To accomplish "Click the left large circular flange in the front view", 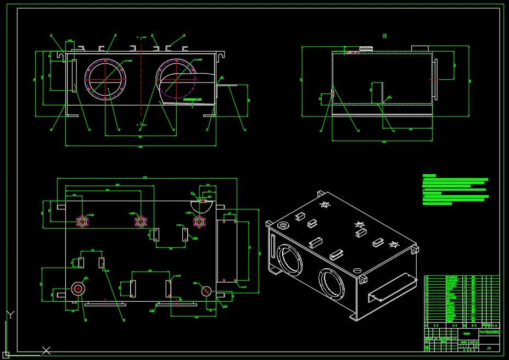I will pyautogui.click(x=107, y=78).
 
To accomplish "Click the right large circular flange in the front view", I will pyautogui.click(x=176, y=78).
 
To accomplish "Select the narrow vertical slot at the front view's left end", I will pyautogui.click(x=72, y=76).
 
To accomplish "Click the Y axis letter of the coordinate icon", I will pyautogui.click(x=9, y=314).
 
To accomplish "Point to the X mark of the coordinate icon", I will pyautogui.click(x=47, y=350).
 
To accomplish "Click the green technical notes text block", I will pyautogui.click(x=455, y=190).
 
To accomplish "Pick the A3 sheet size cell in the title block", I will pyautogui.click(x=489, y=347).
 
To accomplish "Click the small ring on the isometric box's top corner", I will pyautogui.click(x=284, y=225).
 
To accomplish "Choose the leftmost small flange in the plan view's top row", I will pyautogui.click(x=82, y=221).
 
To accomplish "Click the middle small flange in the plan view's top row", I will pyautogui.click(x=141, y=221).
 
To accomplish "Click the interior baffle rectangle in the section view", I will pyautogui.click(x=377, y=93).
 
